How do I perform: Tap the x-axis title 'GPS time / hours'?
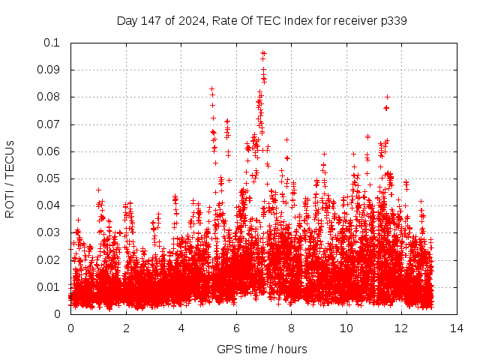(262, 349)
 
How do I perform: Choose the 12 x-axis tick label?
(401, 328)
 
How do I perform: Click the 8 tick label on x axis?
(291, 328)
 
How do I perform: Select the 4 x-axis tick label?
(181, 328)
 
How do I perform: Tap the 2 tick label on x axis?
(126, 328)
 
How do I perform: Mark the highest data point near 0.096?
(262, 53)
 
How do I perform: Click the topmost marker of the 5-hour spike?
(211, 88)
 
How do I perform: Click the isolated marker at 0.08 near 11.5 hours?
(387, 97)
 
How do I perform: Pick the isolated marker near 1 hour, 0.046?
(98, 190)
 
